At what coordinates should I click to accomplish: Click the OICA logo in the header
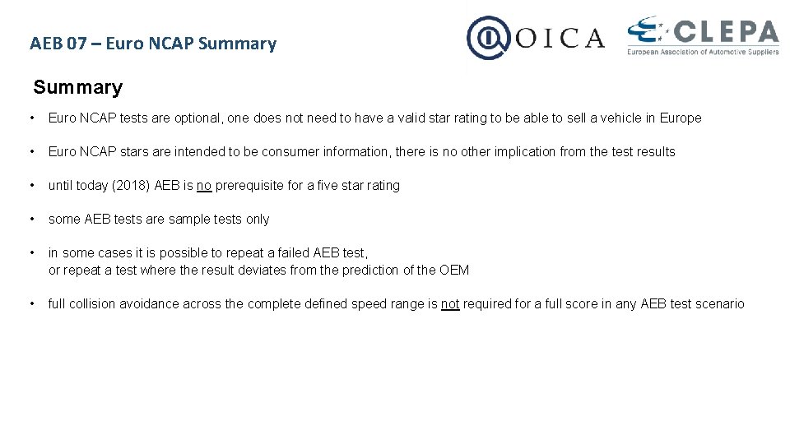[x=535, y=37]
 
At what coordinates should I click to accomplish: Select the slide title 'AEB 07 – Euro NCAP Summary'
[x=153, y=44]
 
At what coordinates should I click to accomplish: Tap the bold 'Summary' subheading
[x=77, y=87]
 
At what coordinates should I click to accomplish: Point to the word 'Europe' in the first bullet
[x=681, y=118]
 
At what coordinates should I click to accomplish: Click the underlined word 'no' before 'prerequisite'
[x=204, y=185]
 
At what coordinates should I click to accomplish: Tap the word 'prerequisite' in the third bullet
[x=249, y=185]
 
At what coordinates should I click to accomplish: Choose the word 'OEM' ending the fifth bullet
[x=454, y=270]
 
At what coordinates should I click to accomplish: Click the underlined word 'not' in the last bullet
[x=450, y=303]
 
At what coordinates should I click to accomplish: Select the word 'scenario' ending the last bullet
[x=719, y=303]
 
